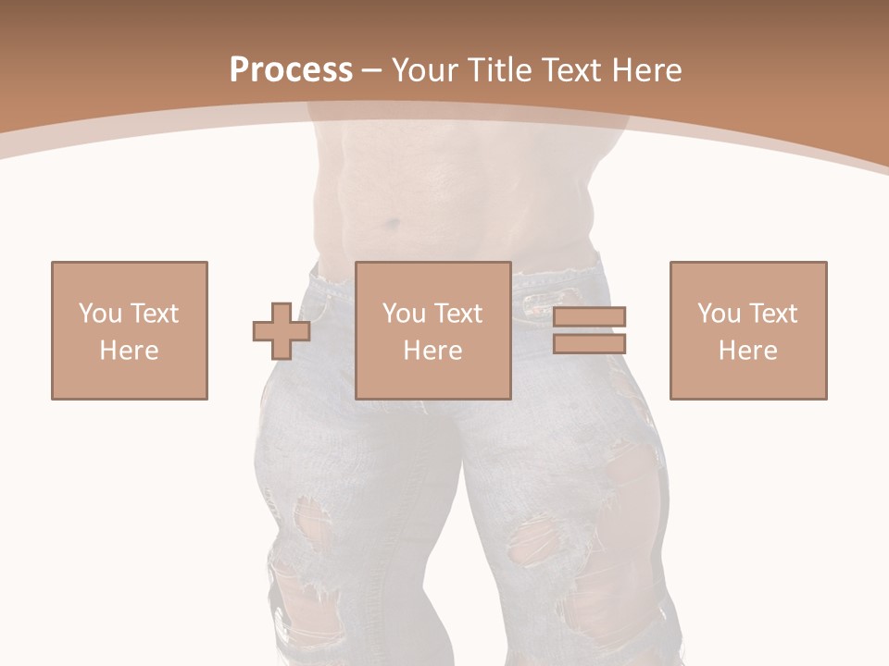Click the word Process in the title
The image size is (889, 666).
pos(291,70)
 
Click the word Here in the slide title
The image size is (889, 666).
pos(648,70)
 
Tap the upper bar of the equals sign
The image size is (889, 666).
pos(589,316)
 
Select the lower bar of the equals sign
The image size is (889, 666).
pos(589,343)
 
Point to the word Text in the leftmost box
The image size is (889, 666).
pos(154,314)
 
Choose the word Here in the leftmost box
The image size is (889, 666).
pos(129,351)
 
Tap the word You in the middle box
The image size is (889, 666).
pos(405,314)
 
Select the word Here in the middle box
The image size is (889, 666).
pos(432,351)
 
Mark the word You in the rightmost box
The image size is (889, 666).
pos(720,314)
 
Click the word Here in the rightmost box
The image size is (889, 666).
pos(747,351)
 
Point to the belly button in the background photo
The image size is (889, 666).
pos(394,223)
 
